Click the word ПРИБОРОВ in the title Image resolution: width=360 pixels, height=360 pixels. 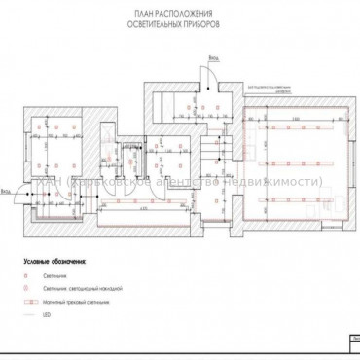[199, 19]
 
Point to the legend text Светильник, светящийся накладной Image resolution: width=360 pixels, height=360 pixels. [78, 289]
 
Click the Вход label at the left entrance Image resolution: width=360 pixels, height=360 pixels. [7, 189]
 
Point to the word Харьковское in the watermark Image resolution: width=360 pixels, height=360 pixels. [107, 182]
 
